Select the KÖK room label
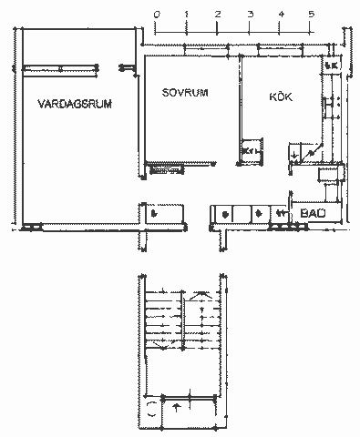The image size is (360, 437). tap(281, 96)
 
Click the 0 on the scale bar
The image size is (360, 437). tap(157, 15)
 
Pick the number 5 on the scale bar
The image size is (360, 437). tap(312, 15)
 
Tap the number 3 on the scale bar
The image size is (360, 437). tap(250, 15)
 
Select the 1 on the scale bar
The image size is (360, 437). tap(187, 15)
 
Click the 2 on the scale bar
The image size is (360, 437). tap(219, 15)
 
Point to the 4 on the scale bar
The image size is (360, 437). tap(281, 15)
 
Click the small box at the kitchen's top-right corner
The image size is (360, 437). tap(331, 66)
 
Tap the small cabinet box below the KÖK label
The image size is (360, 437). tap(249, 149)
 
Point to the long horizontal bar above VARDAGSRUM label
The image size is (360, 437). tap(60, 66)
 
